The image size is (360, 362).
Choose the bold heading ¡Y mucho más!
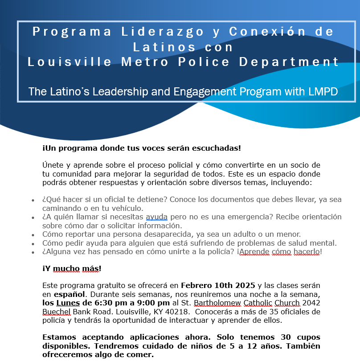(72, 268)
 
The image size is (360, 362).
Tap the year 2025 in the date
(245, 285)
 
